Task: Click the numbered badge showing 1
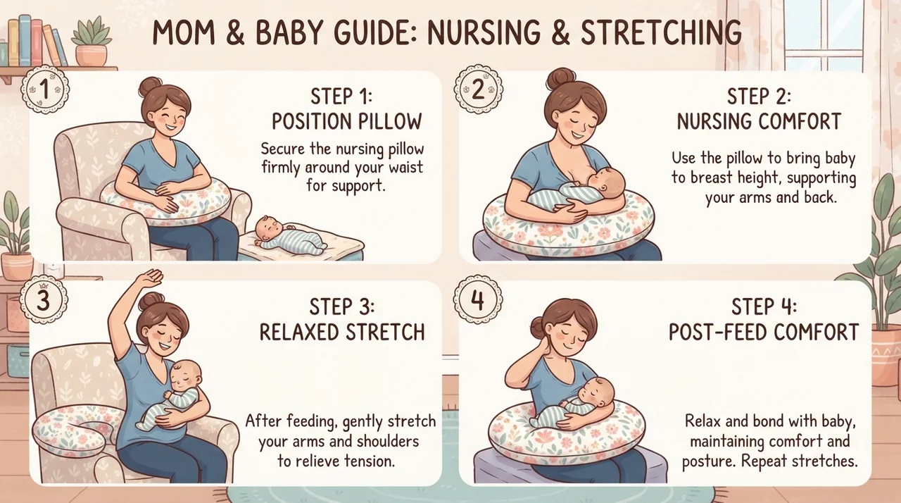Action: [44, 89]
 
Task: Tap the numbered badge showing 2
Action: [478, 89]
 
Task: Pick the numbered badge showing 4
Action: [477, 299]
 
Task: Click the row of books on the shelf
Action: [36, 41]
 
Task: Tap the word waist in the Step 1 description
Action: [405, 167]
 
